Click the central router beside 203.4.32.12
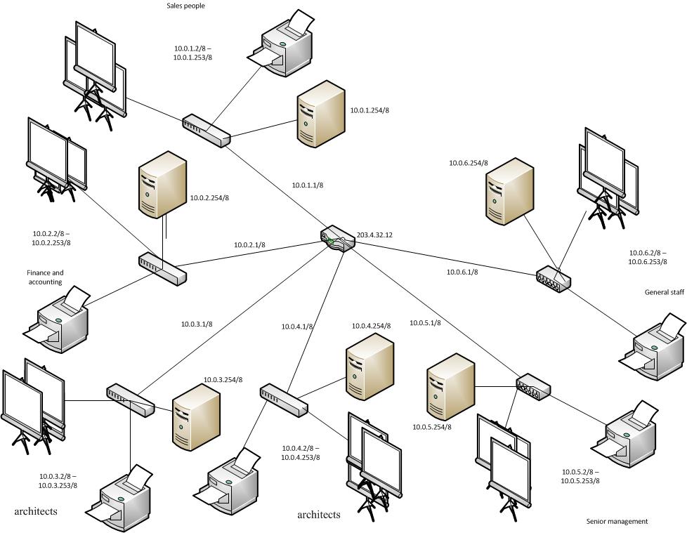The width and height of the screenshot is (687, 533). pos(337,239)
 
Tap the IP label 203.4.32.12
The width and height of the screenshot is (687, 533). pos(374,235)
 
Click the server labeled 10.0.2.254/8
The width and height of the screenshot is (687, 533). pos(162,185)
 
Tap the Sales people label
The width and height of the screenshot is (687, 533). pos(185,6)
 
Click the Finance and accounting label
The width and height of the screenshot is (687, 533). pos(45,277)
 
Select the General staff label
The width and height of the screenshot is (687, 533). pos(664,292)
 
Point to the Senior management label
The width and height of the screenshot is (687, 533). pos(617,521)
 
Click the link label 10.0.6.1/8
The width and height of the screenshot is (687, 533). pos(462,272)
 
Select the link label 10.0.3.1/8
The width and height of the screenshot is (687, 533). pos(197,324)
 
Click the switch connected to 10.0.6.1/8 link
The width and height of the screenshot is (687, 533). pos(554,279)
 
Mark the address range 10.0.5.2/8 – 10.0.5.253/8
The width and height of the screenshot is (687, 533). pos(580,476)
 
